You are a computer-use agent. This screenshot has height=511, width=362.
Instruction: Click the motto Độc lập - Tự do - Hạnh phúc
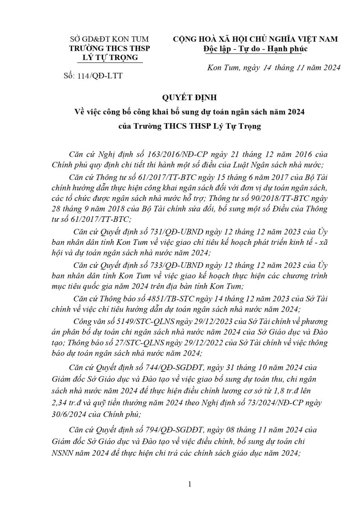point(255,49)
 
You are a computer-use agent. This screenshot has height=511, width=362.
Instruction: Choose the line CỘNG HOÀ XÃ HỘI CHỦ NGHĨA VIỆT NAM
point(255,39)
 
